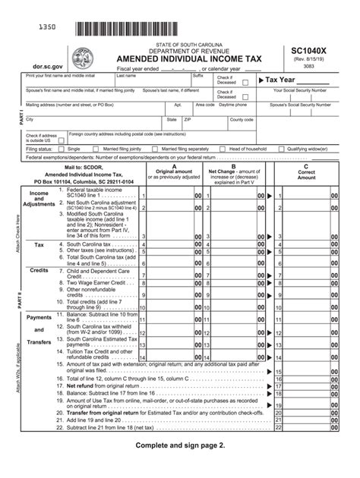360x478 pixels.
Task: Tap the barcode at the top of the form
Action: [x=146, y=30]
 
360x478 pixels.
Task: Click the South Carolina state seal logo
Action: [x=81, y=58]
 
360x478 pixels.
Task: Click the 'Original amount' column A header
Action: [x=174, y=171]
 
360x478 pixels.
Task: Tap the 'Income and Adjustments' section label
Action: [x=39, y=199]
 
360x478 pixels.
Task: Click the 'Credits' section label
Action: [x=39, y=270]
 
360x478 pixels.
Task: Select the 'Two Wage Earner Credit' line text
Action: [x=96, y=282]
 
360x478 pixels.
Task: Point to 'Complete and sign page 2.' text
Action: [x=180, y=445]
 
